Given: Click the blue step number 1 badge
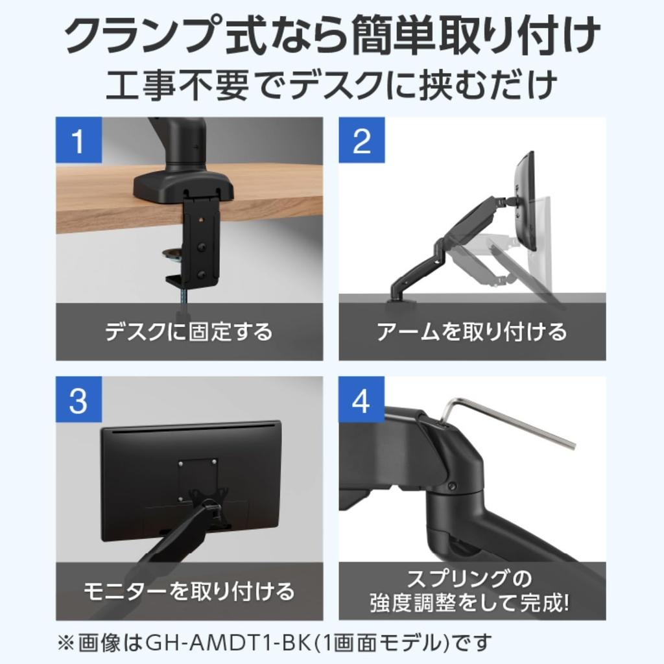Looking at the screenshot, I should click(78, 140).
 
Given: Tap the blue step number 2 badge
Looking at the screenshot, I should click(361, 140).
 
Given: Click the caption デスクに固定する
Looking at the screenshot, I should click(189, 332).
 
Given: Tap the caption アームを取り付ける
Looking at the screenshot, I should click(471, 332).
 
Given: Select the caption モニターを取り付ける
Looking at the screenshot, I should click(189, 591).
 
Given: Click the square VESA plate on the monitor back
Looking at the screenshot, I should click(198, 479).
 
